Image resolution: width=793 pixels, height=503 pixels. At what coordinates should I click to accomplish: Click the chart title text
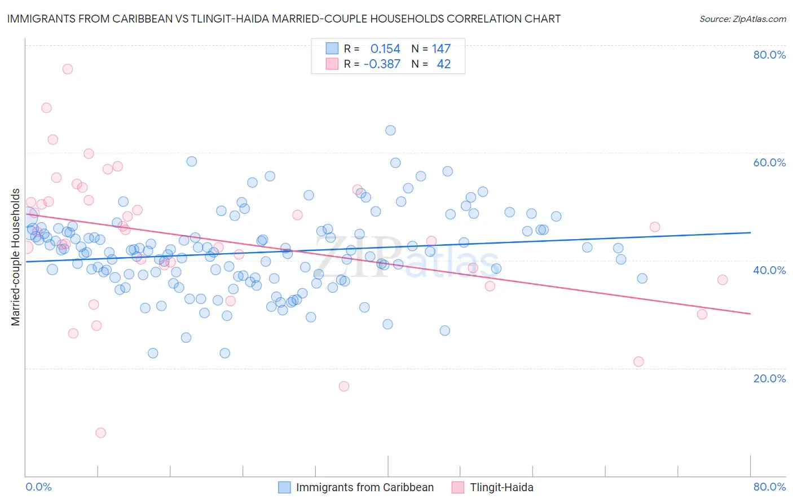284,19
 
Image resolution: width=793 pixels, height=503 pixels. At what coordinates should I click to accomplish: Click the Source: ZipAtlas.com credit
742,19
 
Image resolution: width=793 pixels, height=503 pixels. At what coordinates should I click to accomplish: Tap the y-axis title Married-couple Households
16,257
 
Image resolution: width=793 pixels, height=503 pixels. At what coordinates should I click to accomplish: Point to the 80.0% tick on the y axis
769,55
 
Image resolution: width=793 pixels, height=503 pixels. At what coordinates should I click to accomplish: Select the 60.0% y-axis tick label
769,162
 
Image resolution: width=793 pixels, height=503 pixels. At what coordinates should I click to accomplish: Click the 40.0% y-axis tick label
769,270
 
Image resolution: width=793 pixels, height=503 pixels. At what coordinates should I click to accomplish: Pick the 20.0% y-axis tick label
769,378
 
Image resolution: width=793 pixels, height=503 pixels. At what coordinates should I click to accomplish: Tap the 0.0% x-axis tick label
39,487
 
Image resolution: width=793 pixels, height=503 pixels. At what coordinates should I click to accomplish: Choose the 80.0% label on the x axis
769,487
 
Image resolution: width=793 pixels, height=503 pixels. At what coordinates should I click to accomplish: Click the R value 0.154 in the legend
385,49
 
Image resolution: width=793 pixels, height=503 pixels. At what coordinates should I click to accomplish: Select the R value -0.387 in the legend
382,64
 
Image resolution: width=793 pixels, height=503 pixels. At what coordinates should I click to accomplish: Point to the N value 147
441,49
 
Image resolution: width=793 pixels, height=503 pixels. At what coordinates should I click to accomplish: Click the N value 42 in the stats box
444,64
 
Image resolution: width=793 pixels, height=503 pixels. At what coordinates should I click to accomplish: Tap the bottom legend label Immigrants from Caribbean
365,488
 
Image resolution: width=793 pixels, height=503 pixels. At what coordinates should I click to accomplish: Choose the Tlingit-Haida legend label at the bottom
501,488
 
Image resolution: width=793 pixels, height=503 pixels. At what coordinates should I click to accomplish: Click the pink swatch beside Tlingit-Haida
457,488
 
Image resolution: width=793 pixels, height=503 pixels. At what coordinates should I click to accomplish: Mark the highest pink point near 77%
68,69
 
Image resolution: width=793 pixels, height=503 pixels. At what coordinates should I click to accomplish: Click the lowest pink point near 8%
100,433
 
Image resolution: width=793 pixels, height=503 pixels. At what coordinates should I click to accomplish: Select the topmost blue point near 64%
390,130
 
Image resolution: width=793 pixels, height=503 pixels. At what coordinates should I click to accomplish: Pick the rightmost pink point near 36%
722,280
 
